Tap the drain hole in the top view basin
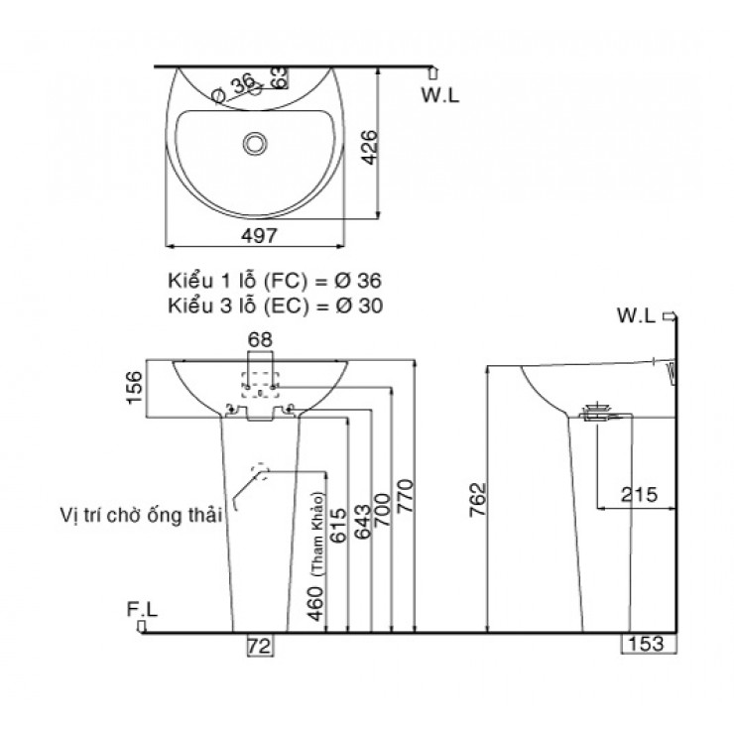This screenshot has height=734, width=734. (x=255, y=145)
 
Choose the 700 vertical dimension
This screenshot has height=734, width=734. (x=384, y=507)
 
